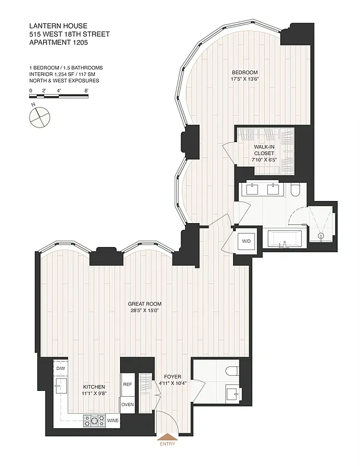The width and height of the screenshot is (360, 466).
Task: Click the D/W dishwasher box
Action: click(61, 369)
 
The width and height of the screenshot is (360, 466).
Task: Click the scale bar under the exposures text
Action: click(59, 97)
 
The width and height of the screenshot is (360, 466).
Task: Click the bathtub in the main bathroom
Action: click(285, 239)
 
